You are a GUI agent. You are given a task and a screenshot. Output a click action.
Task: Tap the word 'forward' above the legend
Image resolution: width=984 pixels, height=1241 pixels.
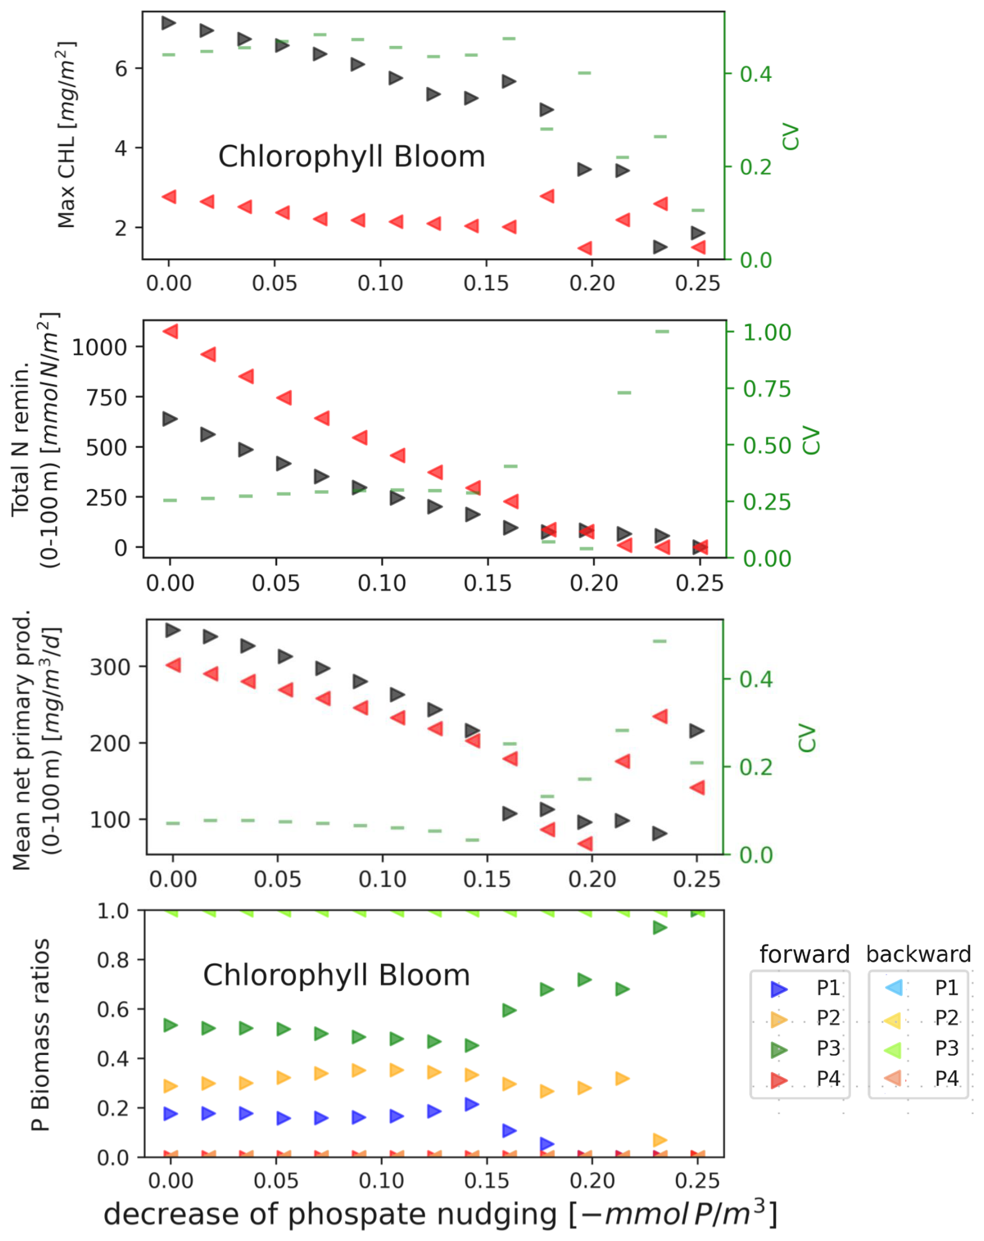pyautogui.click(x=804, y=955)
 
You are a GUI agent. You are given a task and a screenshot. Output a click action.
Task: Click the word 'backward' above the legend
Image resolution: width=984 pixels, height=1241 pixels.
pyautogui.click(x=918, y=955)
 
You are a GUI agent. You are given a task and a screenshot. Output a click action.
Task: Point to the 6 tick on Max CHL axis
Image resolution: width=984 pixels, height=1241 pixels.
pyautogui.click(x=121, y=69)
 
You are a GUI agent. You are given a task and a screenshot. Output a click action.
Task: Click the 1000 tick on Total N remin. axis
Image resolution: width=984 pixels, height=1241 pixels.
pyautogui.click(x=99, y=348)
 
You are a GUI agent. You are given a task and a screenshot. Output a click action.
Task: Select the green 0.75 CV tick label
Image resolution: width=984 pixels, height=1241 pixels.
pyautogui.click(x=767, y=390)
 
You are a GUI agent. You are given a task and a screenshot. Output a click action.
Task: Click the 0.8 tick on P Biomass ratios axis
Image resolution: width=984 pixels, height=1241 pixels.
pyautogui.click(x=113, y=960)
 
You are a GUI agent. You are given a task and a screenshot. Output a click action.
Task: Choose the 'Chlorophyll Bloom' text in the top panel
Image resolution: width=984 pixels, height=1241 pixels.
pyautogui.click(x=352, y=157)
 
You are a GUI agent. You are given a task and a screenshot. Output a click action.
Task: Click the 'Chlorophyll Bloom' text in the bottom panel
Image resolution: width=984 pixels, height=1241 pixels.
pyautogui.click(x=336, y=976)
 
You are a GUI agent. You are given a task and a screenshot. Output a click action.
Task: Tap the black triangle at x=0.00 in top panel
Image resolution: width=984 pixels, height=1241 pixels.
pyautogui.click(x=169, y=23)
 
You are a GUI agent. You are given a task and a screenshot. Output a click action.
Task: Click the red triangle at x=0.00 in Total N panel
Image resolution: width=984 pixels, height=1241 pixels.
pyautogui.click(x=171, y=331)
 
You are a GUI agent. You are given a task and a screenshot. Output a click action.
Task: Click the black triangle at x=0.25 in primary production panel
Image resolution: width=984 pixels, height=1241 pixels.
pyautogui.click(x=697, y=731)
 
